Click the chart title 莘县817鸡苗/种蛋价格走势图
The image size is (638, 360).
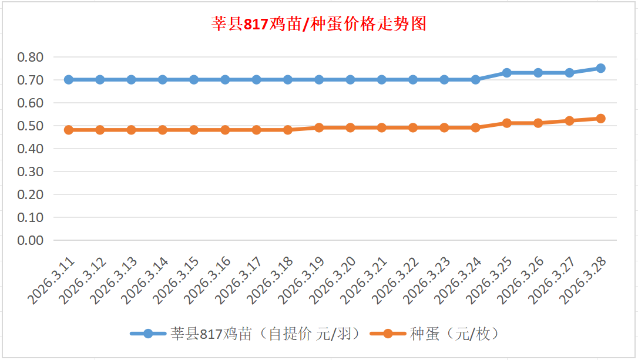[318, 24]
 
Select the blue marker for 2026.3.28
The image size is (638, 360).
[600, 68]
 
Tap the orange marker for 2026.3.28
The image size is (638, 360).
[600, 119]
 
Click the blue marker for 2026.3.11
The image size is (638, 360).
[69, 80]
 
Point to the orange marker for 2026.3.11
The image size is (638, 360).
[69, 130]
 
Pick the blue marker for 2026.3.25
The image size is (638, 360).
[506, 73]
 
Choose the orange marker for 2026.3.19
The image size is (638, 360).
[319, 127]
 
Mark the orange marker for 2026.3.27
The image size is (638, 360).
[569, 121]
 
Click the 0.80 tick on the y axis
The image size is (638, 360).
[31, 58]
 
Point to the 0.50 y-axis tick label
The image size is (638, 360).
[31, 126]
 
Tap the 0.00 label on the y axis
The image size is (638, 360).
[31, 240]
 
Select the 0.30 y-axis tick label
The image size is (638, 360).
[31, 171]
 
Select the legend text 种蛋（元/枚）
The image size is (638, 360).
[455, 334]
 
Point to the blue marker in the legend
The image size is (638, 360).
[148, 334]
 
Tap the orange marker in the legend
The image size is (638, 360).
[387, 334]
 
